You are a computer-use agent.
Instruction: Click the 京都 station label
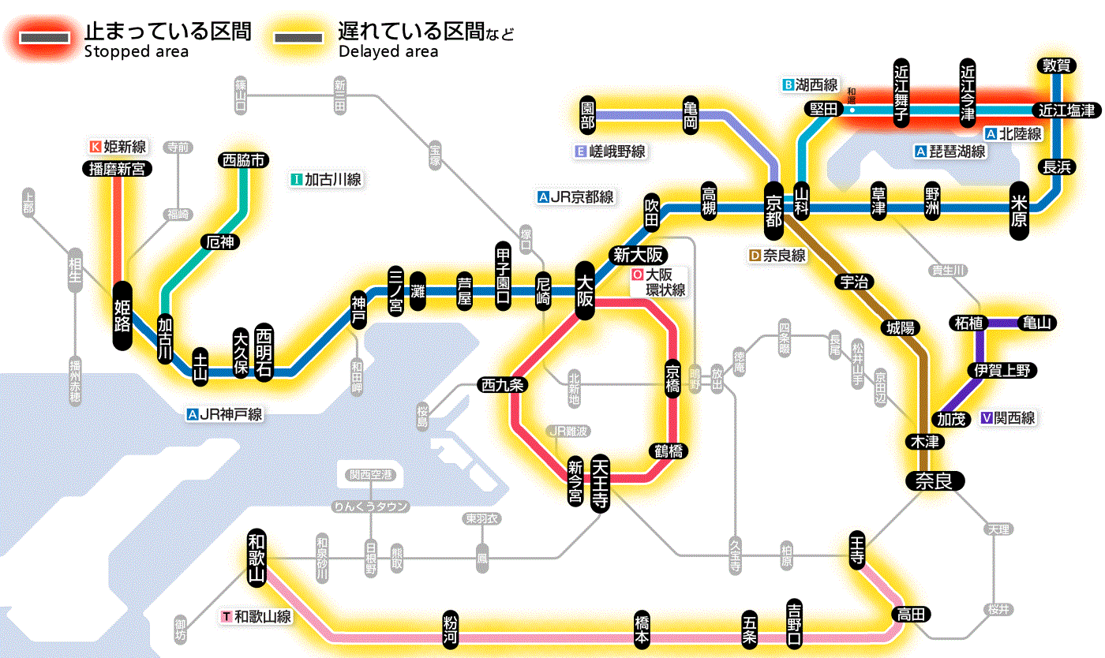point(773,207)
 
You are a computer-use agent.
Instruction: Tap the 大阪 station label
point(584,290)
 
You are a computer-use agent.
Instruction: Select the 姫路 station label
point(122,316)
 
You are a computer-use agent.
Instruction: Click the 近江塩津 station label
point(1066,110)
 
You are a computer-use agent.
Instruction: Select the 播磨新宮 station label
point(118,168)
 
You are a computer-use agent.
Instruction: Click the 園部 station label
point(587,115)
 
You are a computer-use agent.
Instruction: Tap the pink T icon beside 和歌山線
point(227,616)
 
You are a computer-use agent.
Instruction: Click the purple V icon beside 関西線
point(986,418)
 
